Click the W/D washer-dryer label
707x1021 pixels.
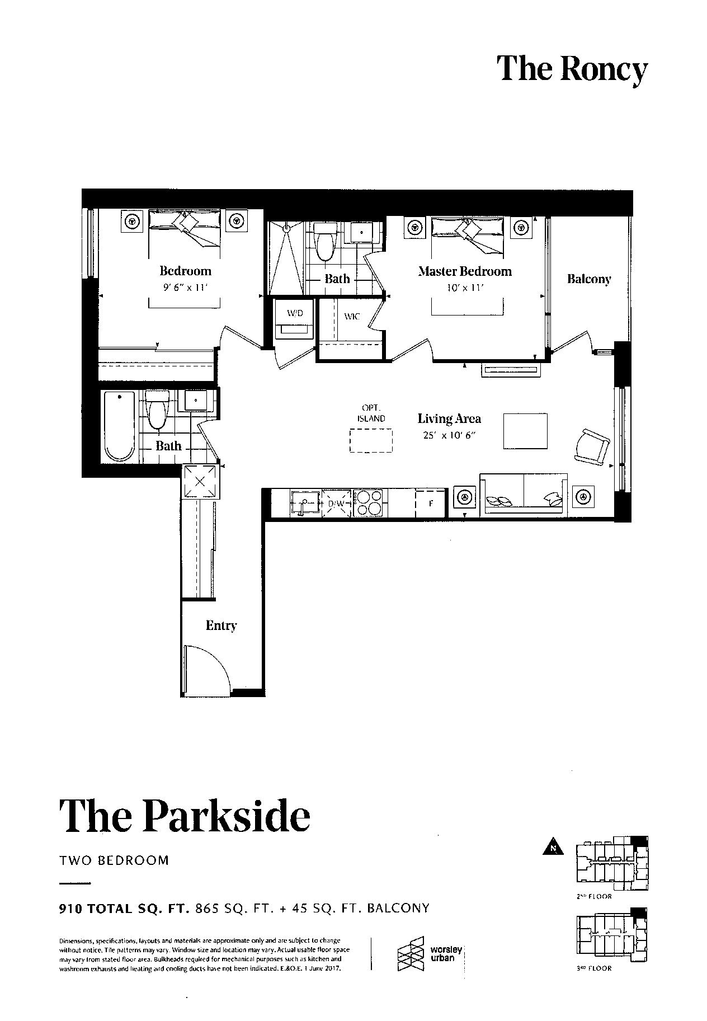295,313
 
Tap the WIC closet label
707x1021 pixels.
352,317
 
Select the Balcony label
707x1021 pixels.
589,279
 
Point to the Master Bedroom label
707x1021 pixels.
465,271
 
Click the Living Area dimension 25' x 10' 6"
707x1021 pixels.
449,435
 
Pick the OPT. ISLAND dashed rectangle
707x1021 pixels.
371,440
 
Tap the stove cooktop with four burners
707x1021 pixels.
367,502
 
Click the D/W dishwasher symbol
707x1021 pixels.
336,502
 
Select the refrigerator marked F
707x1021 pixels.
430,503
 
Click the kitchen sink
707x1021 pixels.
304,502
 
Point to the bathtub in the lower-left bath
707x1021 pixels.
119,426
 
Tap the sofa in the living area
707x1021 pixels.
524,493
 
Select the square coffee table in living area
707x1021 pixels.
525,431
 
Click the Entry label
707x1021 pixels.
221,625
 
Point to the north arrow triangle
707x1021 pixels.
553,846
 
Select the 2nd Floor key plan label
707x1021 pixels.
594,896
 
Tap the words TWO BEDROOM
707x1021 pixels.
114,860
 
